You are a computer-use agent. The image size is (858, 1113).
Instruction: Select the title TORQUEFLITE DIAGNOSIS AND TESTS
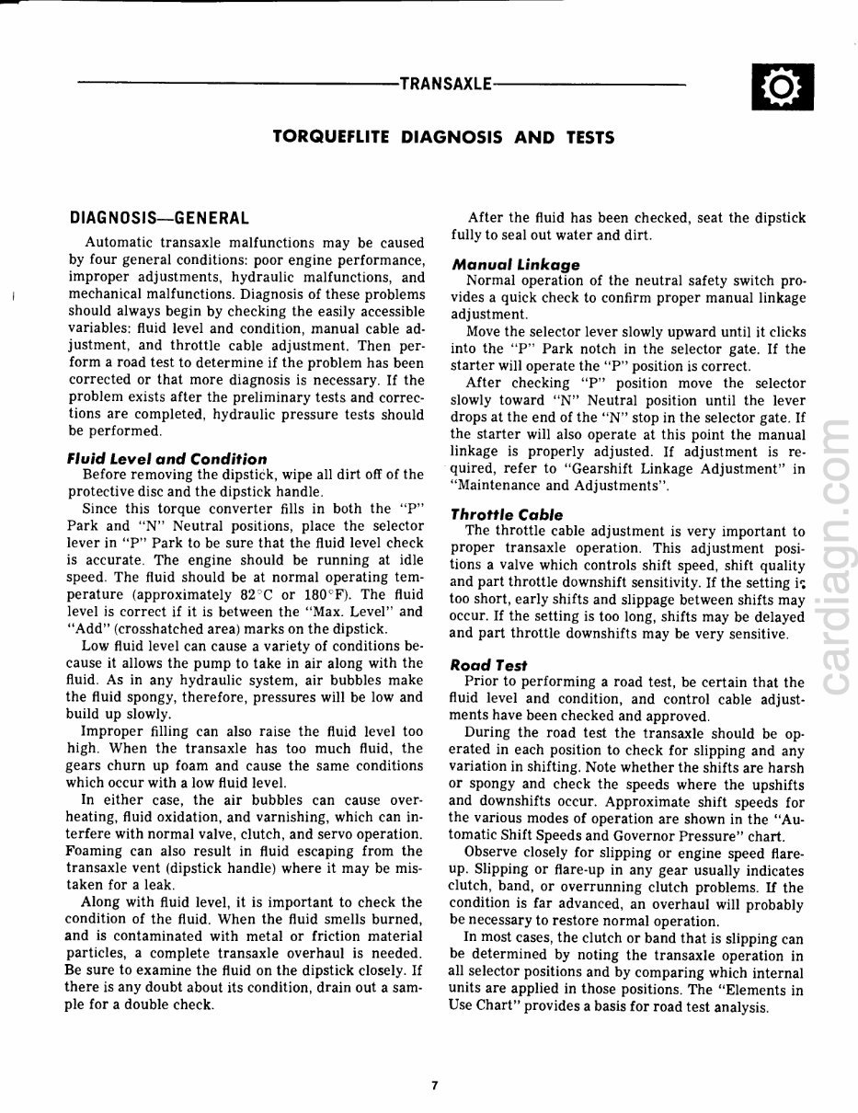443,138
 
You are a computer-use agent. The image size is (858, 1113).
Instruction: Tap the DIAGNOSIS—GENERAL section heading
159,219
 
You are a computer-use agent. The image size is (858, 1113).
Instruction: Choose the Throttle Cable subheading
507,515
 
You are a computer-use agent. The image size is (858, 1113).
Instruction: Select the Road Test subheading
489,665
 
